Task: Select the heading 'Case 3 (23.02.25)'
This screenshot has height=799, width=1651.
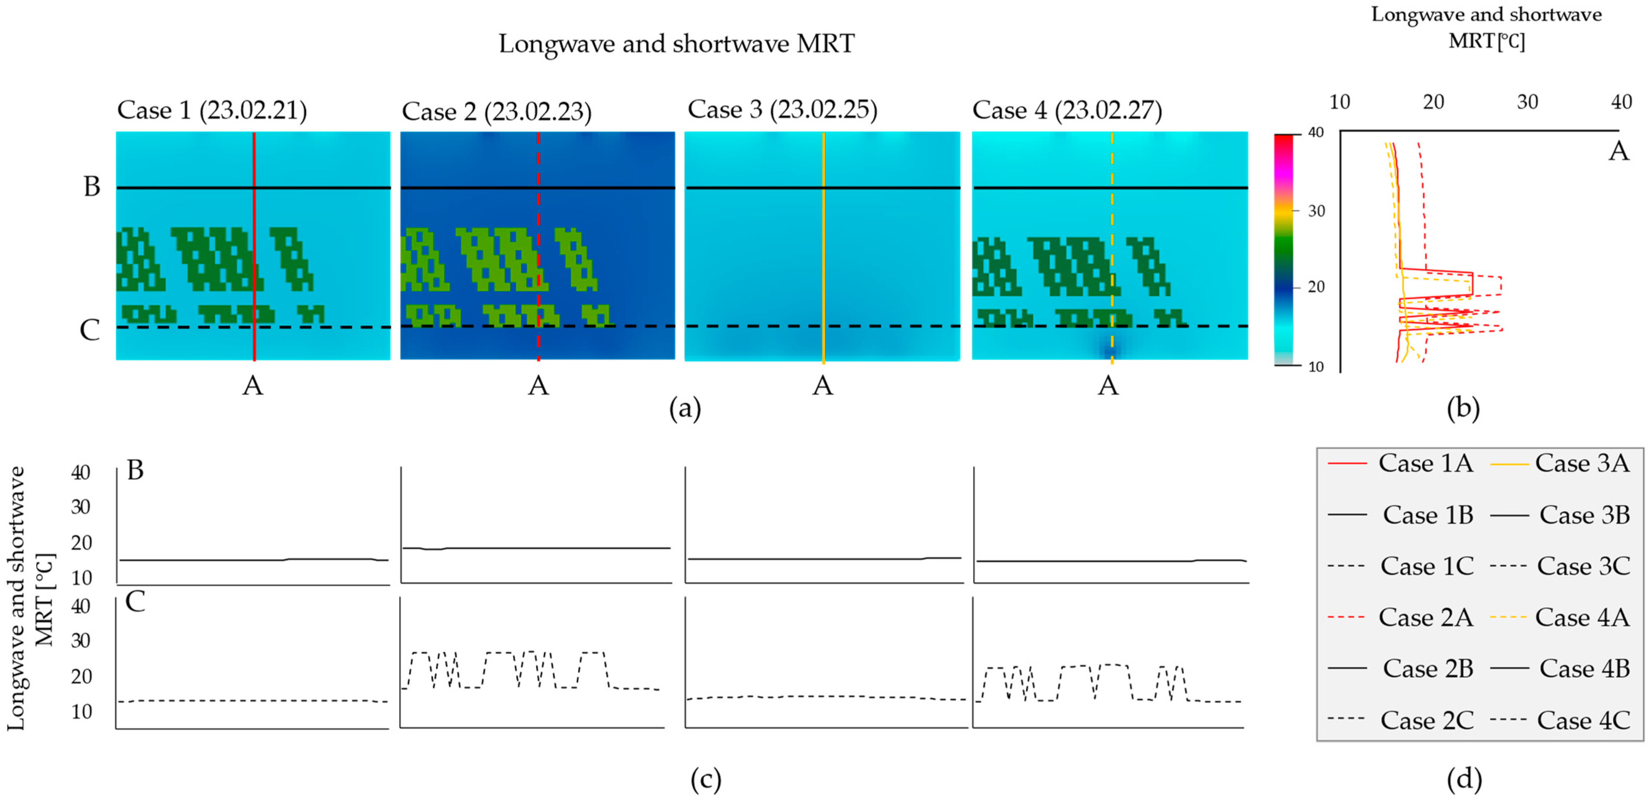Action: pos(782,110)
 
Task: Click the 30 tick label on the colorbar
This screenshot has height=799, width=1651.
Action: pos(1316,211)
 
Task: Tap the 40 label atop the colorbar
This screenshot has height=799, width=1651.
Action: pos(1316,133)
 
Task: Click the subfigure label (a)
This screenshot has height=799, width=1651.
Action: pos(684,408)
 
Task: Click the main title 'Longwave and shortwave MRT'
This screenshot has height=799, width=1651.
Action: pos(676,44)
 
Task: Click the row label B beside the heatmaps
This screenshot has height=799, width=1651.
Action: pos(92,186)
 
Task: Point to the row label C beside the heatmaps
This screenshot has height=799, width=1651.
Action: pos(90,330)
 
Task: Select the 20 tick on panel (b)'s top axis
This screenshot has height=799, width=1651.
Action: pos(1433,102)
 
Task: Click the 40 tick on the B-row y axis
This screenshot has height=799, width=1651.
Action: pos(81,472)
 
